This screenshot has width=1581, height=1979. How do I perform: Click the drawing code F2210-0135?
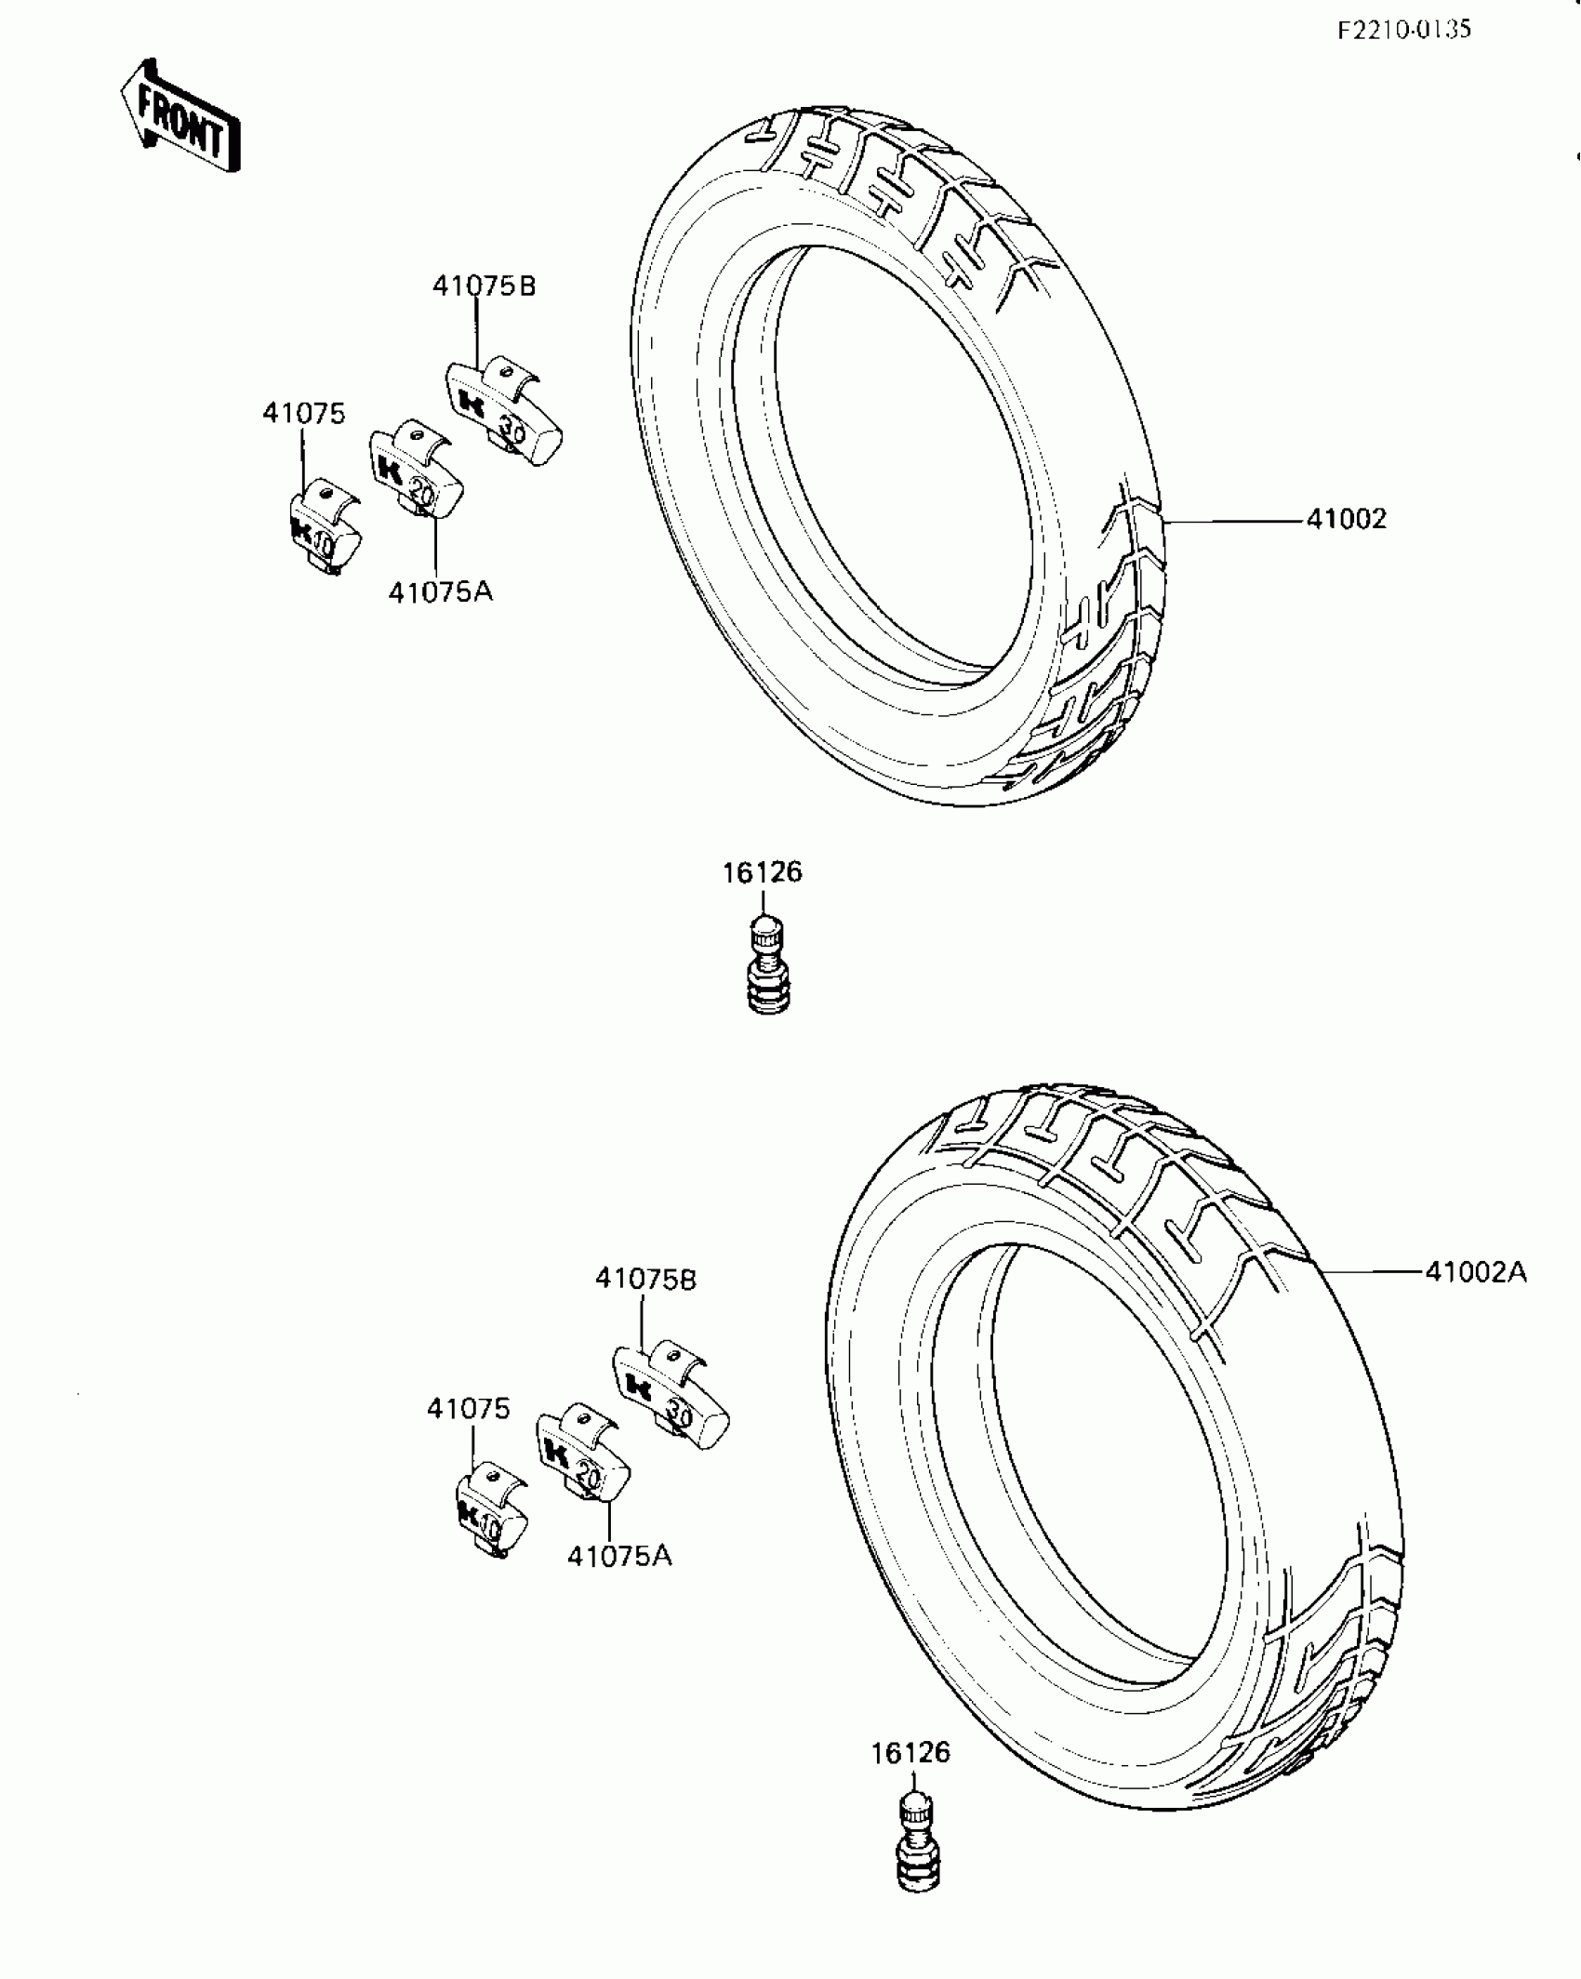point(1403,31)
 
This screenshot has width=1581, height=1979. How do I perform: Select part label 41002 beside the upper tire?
point(1346,519)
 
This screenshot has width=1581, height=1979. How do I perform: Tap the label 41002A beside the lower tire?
point(1476,1272)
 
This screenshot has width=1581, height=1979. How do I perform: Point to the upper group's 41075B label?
point(484,286)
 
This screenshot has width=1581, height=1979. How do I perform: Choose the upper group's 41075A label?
point(440,591)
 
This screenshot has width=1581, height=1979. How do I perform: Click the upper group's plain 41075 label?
point(303,414)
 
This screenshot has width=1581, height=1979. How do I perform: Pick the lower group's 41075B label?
point(645,1280)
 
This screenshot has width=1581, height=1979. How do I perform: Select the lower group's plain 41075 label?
point(469,1409)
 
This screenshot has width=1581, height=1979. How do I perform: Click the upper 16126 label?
point(762,872)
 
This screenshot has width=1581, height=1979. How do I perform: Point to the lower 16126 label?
point(910,1753)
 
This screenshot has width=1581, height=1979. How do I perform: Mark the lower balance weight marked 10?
point(491,1517)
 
